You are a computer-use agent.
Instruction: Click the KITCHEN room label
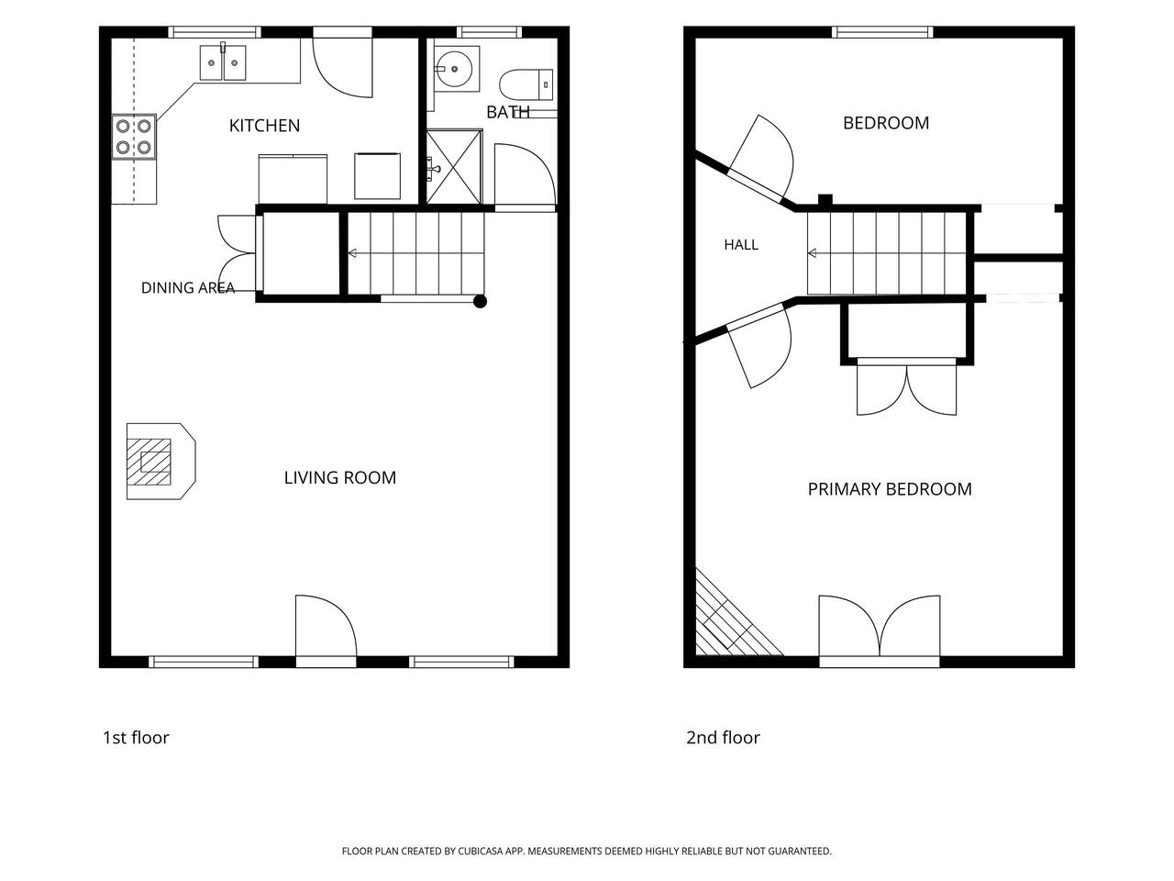click(x=264, y=126)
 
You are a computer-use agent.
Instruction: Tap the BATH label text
click(x=508, y=112)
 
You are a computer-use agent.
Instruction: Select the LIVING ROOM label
click(x=340, y=478)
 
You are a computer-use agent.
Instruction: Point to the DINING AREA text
click(x=188, y=288)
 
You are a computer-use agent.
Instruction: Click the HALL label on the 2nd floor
click(x=741, y=245)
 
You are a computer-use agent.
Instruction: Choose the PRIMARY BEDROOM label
click(x=890, y=489)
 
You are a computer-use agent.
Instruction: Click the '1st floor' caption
click(x=136, y=738)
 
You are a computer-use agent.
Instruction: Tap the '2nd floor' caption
click(x=723, y=738)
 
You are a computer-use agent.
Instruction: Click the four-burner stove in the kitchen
click(x=134, y=137)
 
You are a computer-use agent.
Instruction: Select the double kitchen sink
click(x=223, y=62)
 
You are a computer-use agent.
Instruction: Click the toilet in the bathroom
click(x=526, y=84)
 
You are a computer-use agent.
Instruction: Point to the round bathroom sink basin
click(x=454, y=69)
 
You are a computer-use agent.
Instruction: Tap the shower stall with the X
click(x=454, y=166)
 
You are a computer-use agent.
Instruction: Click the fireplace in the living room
click(x=161, y=462)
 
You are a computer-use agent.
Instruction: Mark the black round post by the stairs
click(x=480, y=302)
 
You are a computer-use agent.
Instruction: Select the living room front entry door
click(x=326, y=631)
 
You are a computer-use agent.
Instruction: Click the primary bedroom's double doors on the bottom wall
click(x=880, y=631)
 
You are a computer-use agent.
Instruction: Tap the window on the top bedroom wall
click(x=882, y=32)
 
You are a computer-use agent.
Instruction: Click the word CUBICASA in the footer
click(x=481, y=851)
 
